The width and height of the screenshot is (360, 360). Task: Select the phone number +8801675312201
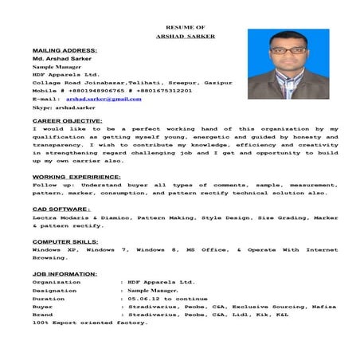[x=152, y=88]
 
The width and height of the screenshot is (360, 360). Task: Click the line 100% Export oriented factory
[x=78, y=323]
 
